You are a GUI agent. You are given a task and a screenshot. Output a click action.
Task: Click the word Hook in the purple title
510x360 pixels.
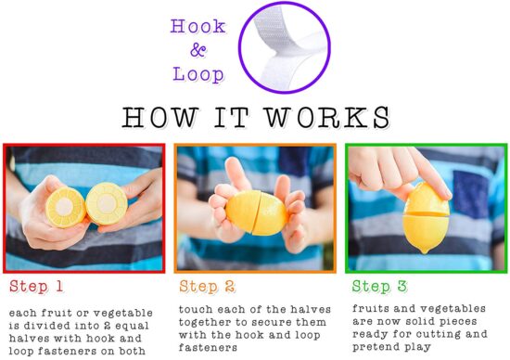pyautogui.click(x=198, y=26)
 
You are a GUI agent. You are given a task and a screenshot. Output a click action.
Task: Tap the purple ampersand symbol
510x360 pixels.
pyautogui.click(x=198, y=50)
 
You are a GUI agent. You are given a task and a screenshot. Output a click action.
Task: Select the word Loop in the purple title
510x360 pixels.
pyautogui.click(x=198, y=74)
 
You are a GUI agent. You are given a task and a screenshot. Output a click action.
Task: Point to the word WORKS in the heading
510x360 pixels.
pyautogui.click(x=327, y=118)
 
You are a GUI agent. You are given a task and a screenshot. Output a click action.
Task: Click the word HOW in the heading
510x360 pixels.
pyautogui.click(x=159, y=118)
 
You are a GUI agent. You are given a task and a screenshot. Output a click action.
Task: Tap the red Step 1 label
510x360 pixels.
pyautogui.click(x=36, y=287)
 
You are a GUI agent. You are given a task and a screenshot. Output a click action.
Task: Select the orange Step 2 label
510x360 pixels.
pyautogui.click(x=207, y=287)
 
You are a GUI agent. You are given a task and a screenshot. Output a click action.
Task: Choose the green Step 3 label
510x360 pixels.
pyautogui.click(x=379, y=287)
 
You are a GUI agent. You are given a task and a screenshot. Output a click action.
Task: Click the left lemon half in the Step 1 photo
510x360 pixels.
pyautogui.click(x=66, y=207)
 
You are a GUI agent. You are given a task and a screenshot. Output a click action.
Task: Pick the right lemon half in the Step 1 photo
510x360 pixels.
pyautogui.click(x=107, y=204)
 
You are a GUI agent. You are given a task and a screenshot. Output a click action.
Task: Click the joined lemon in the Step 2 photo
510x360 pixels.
pyautogui.click(x=257, y=212)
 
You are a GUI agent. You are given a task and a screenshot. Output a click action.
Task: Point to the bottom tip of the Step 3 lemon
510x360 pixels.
pyautogui.click(x=424, y=252)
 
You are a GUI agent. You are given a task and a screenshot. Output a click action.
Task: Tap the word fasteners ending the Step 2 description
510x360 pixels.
pyautogui.click(x=208, y=348)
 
